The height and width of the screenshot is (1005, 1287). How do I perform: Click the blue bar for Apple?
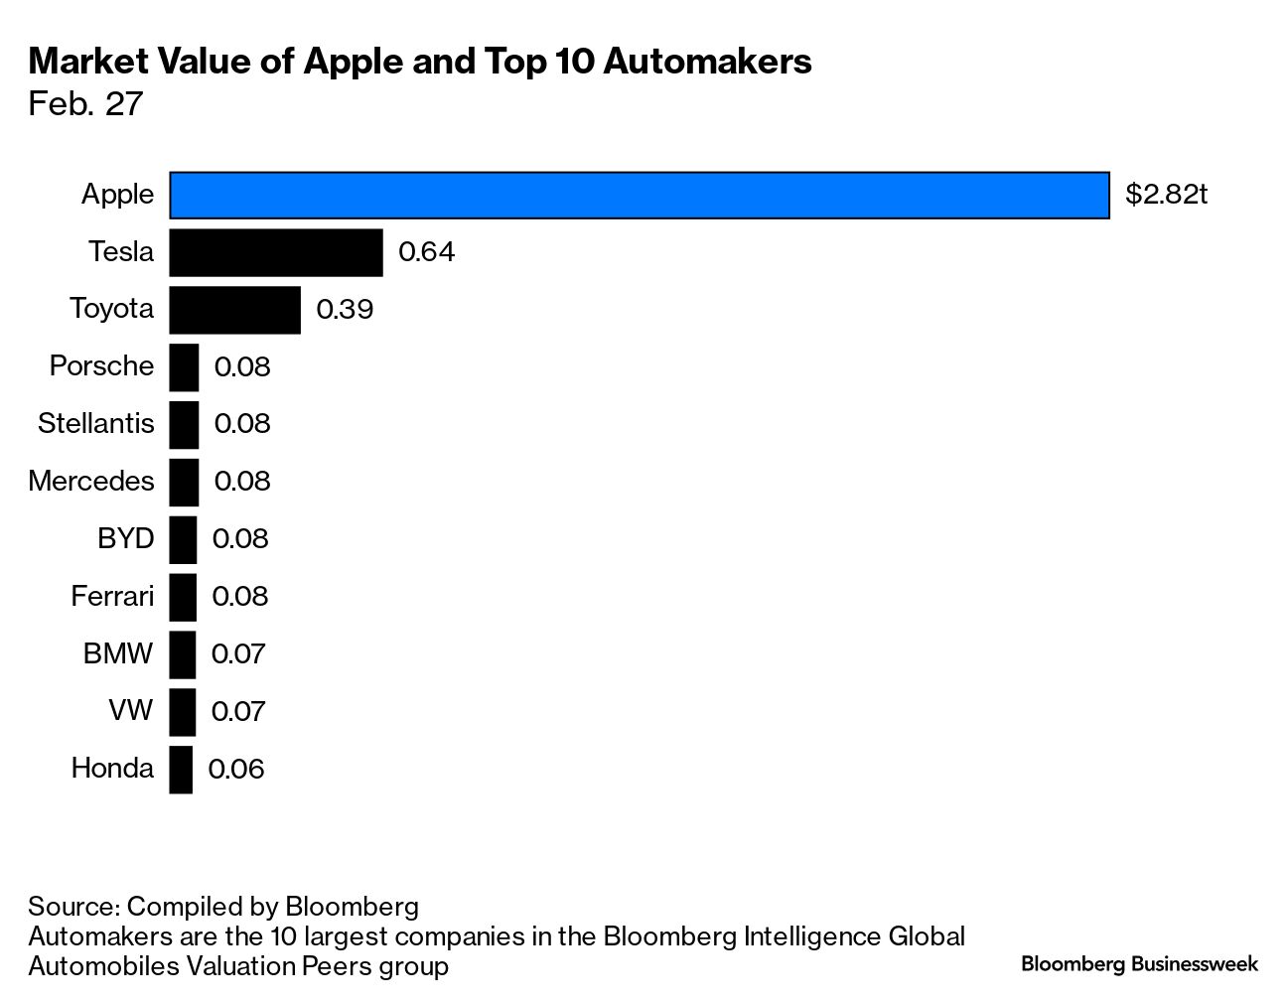click(x=639, y=195)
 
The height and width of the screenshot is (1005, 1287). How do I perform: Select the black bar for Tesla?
click(x=276, y=252)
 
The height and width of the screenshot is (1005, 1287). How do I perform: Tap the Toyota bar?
click(x=234, y=310)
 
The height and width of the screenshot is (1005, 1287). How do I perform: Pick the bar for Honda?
click(x=181, y=770)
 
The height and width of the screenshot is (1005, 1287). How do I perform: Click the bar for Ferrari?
click(x=183, y=597)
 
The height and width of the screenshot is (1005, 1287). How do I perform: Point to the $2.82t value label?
click(x=1166, y=195)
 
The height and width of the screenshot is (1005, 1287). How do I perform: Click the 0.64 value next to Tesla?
click(x=426, y=252)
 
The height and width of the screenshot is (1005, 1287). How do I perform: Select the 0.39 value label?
click(x=345, y=310)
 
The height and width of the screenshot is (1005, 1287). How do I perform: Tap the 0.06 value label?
click(x=236, y=770)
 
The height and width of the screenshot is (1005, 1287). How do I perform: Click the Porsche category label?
click(x=102, y=366)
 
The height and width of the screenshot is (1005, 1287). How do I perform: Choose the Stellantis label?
click(x=96, y=424)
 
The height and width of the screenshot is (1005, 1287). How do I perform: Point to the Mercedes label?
click(x=91, y=482)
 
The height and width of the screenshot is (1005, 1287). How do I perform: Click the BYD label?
click(x=126, y=539)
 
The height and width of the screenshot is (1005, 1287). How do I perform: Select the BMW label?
click(x=119, y=654)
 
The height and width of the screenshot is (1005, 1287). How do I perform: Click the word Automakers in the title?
click(x=707, y=62)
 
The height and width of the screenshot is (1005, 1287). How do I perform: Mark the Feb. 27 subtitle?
click(x=86, y=104)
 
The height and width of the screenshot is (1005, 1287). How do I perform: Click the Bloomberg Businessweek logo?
click(x=1139, y=964)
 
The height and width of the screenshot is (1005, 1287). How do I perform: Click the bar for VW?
click(x=183, y=712)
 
